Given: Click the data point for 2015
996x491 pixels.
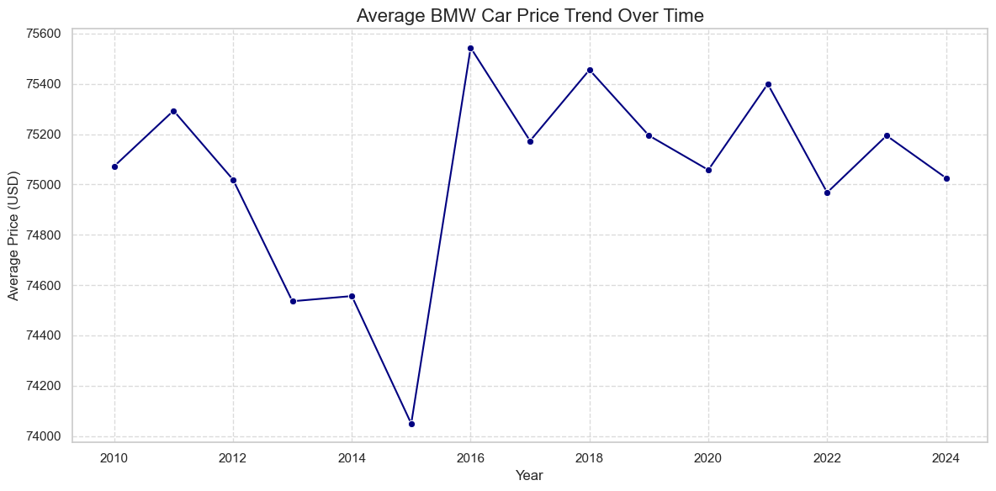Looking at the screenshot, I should click(411, 424).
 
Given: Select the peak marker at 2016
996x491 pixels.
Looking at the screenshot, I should click(470, 48).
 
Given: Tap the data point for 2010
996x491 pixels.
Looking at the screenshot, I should click(114, 166).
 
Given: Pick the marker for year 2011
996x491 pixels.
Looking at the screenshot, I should click(173, 111).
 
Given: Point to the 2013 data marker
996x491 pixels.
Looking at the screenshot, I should click(293, 301).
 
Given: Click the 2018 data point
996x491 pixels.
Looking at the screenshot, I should click(590, 70).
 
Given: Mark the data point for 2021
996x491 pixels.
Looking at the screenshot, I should click(768, 84).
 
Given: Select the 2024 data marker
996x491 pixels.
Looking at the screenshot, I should click(946, 178).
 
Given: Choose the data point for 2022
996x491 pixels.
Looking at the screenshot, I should click(827, 193).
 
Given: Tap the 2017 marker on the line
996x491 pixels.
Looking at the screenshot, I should click(530, 141).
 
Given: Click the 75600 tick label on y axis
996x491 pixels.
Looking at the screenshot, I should click(43, 34).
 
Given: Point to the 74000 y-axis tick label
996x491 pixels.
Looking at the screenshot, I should click(43, 436).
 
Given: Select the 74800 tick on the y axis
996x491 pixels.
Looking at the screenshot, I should click(43, 235).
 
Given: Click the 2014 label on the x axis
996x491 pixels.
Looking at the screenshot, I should click(352, 458).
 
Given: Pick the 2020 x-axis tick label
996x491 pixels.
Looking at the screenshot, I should click(708, 458).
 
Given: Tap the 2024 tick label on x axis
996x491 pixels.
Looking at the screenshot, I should click(946, 458).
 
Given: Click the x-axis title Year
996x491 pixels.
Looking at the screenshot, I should click(529, 476).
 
